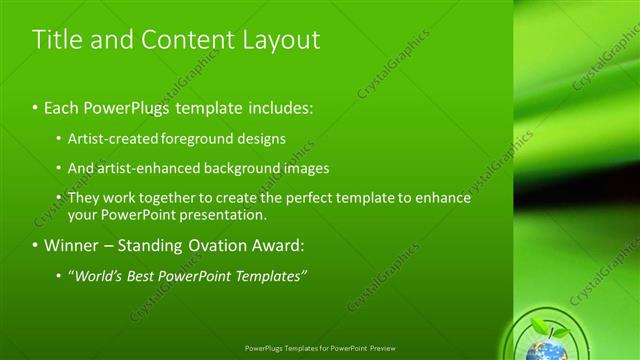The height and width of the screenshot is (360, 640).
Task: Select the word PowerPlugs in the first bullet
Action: [x=125, y=106]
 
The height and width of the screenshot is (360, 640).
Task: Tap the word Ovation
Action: [x=219, y=245]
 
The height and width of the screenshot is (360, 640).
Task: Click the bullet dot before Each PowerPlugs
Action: [x=35, y=107]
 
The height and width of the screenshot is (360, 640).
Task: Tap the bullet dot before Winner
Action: [x=35, y=246]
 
